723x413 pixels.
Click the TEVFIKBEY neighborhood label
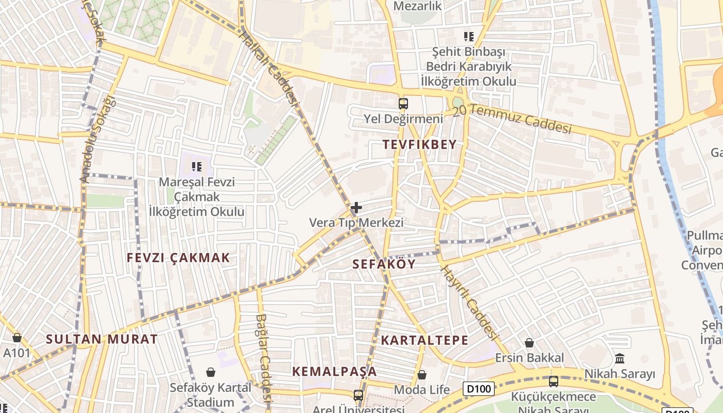click(420, 145)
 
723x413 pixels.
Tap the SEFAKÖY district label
click(384, 264)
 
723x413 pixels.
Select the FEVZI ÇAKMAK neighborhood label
click(178, 258)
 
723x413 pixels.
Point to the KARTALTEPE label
click(425, 340)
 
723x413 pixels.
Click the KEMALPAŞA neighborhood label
click(334, 372)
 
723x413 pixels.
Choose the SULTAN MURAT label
click(102, 339)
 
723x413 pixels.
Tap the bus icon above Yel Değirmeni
click(403, 104)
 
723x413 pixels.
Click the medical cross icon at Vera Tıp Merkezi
click(356, 208)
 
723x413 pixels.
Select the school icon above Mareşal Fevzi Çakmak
click(196, 166)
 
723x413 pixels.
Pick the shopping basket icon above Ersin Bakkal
click(529, 342)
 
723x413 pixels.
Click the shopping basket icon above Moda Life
click(422, 375)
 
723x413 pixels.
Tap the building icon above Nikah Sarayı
click(620, 358)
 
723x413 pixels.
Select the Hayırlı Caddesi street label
click(468, 303)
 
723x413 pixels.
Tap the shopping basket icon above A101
click(17, 338)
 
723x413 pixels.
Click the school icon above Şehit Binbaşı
click(469, 37)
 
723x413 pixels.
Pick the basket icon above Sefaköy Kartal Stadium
click(211, 372)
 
